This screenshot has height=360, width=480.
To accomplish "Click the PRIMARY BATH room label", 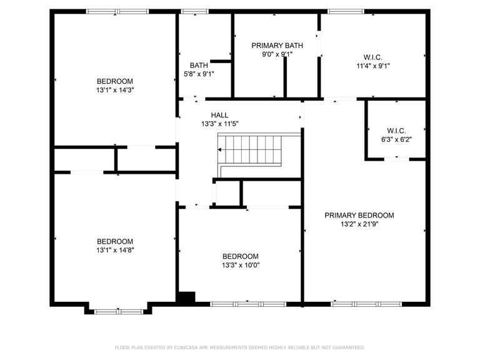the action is [x=277, y=46].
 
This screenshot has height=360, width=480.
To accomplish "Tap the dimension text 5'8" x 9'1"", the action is [x=199, y=74].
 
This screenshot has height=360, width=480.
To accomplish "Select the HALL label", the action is [x=219, y=115].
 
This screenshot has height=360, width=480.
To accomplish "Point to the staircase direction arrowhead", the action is [x=219, y=150].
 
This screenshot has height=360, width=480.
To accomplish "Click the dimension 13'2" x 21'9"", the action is [x=359, y=224].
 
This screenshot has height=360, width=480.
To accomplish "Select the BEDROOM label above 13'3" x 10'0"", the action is [x=240, y=256].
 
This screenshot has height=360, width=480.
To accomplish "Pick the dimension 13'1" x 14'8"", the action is [x=115, y=250].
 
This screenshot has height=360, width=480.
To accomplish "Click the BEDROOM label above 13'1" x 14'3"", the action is [x=115, y=81].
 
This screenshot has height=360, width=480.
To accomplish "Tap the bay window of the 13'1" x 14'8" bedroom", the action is [x=119, y=312].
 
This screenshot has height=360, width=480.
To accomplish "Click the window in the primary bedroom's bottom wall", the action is [x=366, y=304].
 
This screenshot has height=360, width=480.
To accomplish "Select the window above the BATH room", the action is [x=195, y=11].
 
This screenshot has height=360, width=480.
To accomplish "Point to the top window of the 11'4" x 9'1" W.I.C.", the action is [x=346, y=11].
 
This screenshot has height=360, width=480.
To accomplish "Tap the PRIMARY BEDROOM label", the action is [x=359, y=215].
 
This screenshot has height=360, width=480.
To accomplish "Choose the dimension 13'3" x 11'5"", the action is [x=220, y=124].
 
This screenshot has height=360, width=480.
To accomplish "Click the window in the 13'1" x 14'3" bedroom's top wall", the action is [x=117, y=11].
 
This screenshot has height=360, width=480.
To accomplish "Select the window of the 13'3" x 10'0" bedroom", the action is [x=248, y=304].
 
